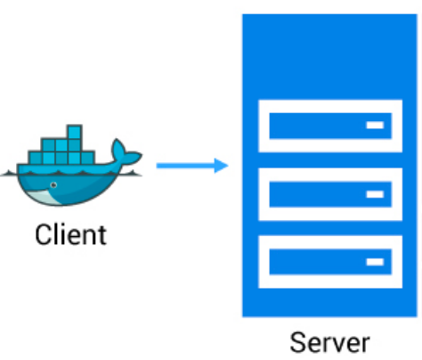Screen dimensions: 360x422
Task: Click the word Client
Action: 70,235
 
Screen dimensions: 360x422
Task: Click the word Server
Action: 329,343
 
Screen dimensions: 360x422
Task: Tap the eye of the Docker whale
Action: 53,185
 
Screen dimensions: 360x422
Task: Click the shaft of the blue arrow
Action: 183,165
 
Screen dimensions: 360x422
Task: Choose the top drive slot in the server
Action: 329,126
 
